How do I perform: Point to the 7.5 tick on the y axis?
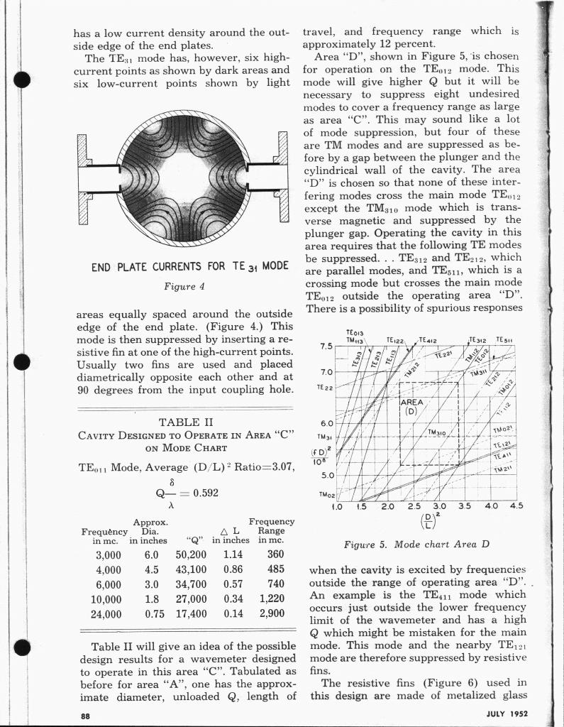(x=326, y=347)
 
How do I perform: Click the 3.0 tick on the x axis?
(x=440, y=507)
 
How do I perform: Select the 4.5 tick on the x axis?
(x=516, y=507)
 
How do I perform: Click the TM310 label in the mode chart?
(x=441, y=432)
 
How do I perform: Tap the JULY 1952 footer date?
(x=509, y=714)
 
